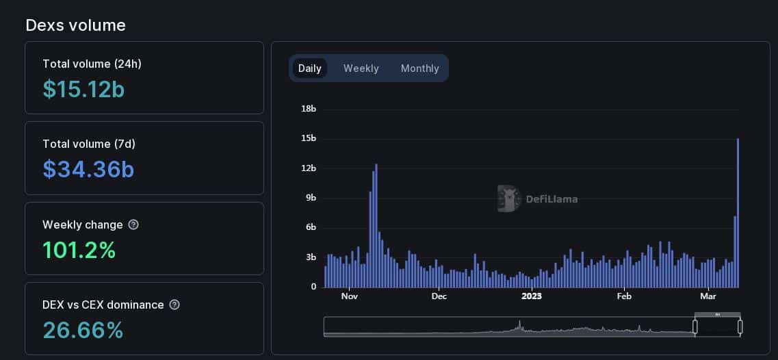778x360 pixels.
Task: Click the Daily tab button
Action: point(310,68)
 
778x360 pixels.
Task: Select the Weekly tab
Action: point(361,68)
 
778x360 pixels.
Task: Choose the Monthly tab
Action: point(419,68)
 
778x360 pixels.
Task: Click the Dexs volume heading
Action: point(75,25)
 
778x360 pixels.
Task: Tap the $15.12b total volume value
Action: point(83,89)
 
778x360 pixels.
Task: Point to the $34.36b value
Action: point(88,169)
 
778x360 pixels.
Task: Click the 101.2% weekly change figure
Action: point(79,250)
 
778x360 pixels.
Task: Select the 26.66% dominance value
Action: point(83,330)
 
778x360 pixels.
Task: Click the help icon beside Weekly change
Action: point(133,224)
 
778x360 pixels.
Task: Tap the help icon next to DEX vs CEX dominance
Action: point(174,305)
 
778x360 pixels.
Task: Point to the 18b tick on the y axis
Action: point(309,109)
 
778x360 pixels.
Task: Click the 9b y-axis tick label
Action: point(311,198)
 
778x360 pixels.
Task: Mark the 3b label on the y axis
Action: point(311,257)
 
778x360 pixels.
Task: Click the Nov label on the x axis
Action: point(350,296)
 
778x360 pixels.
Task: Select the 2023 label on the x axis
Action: point(532,296)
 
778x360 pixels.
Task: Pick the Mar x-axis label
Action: point(708,296)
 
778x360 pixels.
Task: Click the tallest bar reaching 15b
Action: point(738,212)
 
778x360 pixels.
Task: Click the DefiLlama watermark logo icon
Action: point(509,198)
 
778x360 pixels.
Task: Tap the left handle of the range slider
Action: point(695,327)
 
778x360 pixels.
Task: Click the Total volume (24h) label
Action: point(92,64)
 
